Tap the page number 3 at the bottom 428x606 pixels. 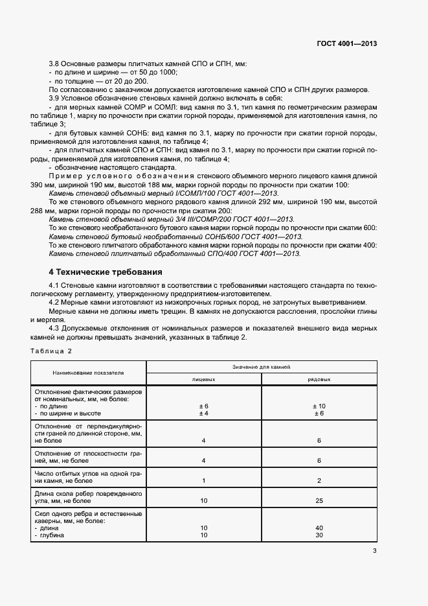click(374, 551)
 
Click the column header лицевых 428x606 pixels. click(203, 380)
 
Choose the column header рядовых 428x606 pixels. click(318, 380)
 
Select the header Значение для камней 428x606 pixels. click(261, 367)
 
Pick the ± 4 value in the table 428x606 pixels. click(203, 413)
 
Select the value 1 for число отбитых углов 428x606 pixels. click(203, 480)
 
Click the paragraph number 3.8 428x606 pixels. click(54, 65)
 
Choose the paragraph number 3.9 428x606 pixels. click(54, 97)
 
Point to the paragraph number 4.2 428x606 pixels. click(54, 303)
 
